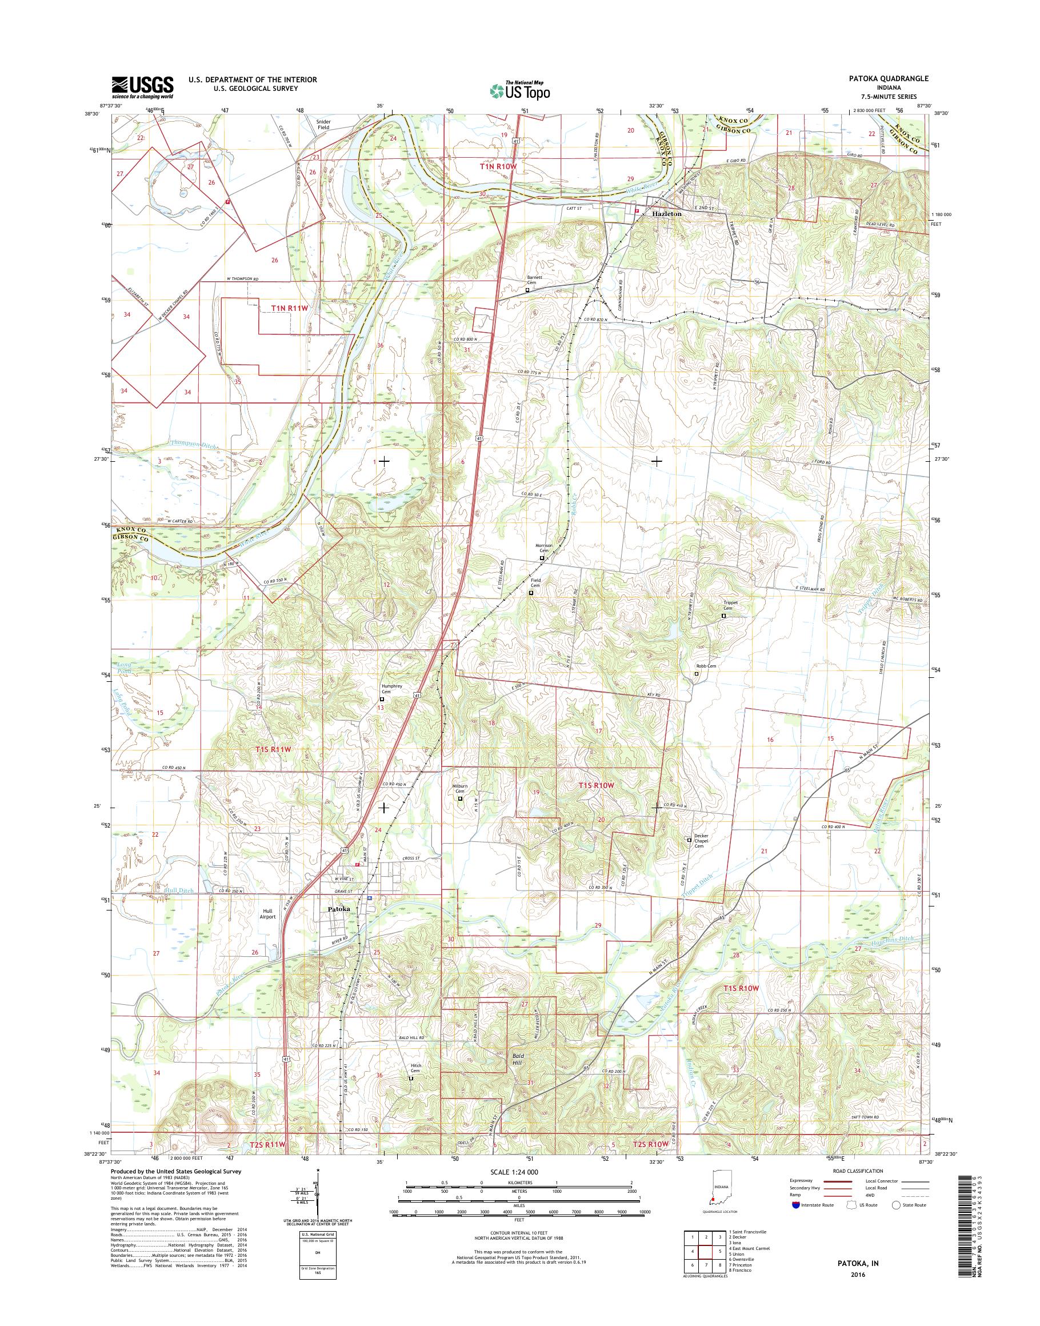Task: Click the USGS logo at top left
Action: coord(142,87)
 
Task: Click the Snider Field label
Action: coord(323,123)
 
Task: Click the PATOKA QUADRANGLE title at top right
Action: coord(890,78)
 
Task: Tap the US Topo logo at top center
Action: coord(519,90)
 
